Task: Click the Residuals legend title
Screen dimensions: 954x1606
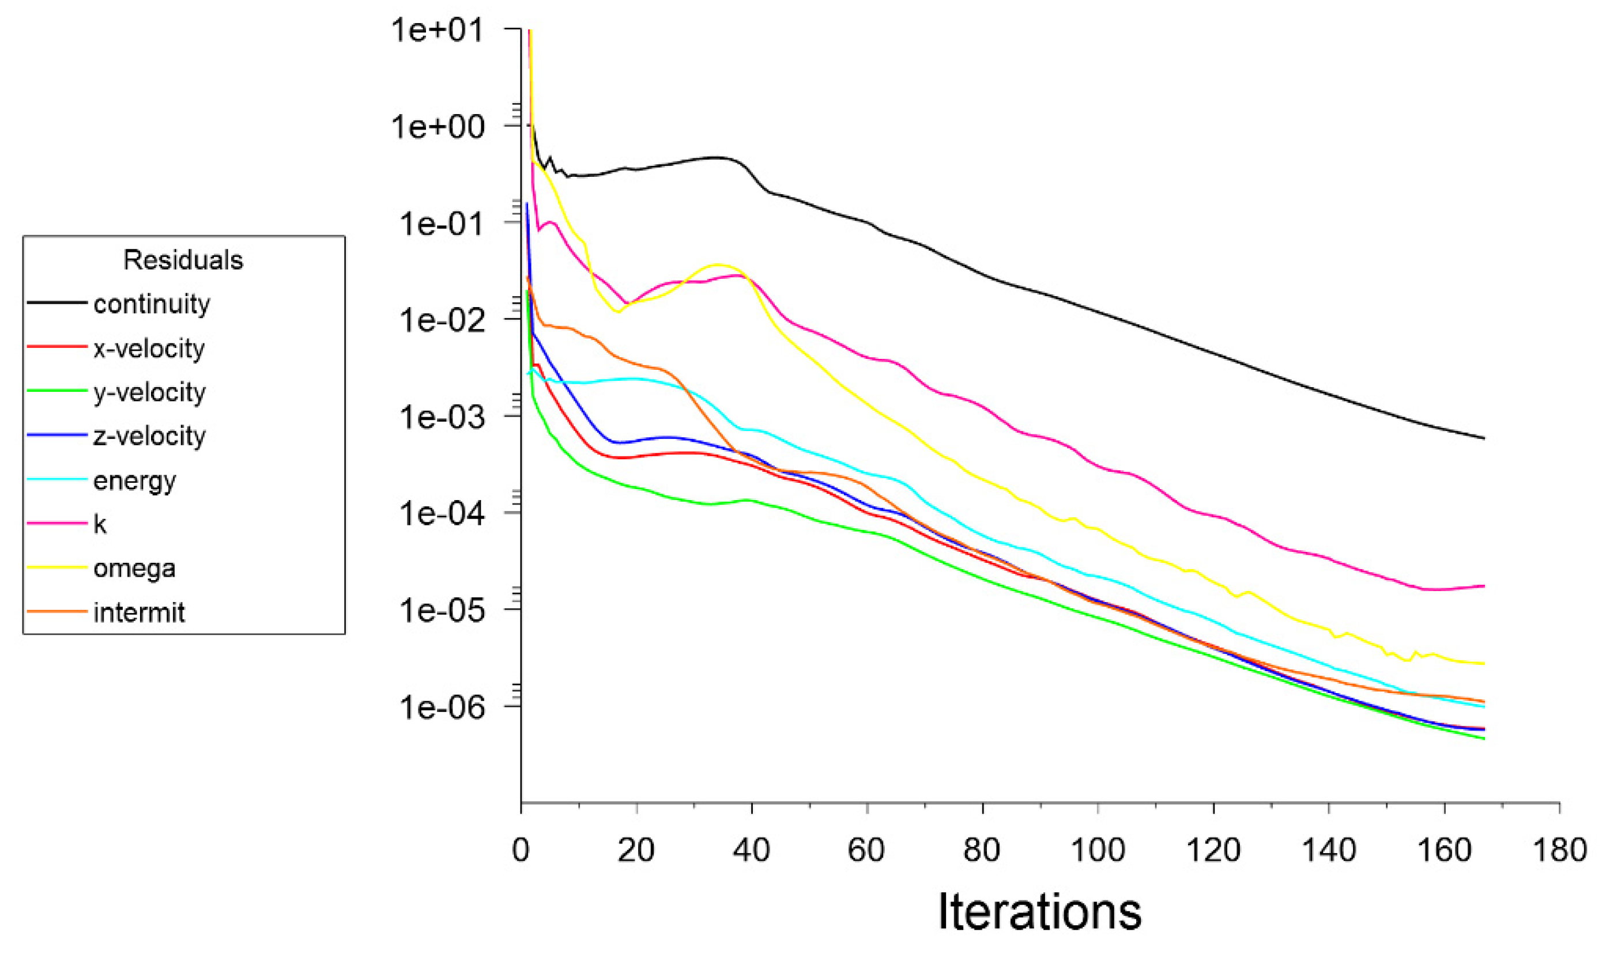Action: [183, 260]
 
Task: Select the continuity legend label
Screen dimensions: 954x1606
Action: [151, 304]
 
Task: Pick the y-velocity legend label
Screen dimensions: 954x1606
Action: [149, 392]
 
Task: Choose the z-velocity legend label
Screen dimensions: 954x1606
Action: [149, 436]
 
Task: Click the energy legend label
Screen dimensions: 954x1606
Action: [134, 480]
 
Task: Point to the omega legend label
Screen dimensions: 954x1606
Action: [134, 568]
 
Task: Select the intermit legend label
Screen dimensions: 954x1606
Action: [139, 612]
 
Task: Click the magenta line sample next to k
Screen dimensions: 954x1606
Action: [56, 524]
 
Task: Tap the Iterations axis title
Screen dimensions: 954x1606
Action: [1039, 911]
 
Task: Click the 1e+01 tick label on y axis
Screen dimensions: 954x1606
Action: [438, 29]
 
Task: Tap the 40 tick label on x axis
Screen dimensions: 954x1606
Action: [751, 850]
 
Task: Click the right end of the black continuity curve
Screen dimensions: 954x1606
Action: [1484, 438]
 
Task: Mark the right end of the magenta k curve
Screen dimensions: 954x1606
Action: [1484, 586]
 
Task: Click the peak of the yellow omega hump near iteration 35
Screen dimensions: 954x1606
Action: [718, 264]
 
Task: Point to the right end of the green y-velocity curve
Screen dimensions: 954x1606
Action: [1484, 739]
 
